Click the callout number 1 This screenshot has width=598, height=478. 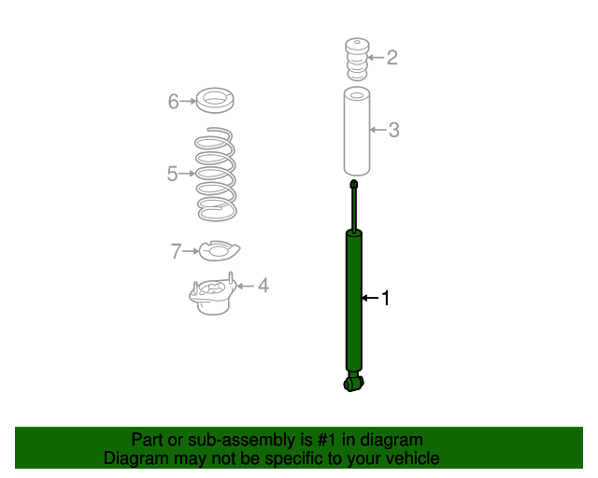pos(384,298)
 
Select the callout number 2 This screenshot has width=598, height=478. pos(392,58)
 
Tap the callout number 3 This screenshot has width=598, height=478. pos(394,130)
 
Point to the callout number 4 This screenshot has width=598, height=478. pos(263,285)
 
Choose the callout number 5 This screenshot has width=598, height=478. pos(173,174)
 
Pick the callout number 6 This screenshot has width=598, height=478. pos(174,101)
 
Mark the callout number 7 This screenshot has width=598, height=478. pos(176,251)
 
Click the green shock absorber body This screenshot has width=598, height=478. pos(354,303)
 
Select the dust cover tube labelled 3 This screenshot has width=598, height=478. pos(355,131)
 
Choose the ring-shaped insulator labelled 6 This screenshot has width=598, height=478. pos(215,98)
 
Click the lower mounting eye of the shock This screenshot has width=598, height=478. pos(353,381)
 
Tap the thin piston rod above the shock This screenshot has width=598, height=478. pos(354,205)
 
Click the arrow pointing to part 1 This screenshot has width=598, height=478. pos(370,298)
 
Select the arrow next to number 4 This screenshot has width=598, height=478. pos(247,285)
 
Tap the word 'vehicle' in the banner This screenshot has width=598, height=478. pos(409,458)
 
